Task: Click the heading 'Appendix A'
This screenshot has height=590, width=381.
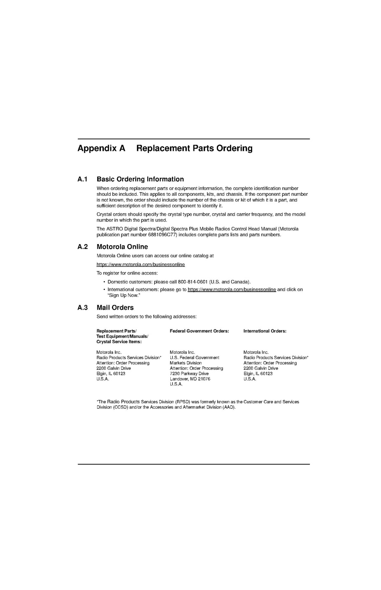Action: [101, 148]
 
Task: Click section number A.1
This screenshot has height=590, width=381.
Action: [83, 179]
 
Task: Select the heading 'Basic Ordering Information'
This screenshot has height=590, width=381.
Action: [140, 179]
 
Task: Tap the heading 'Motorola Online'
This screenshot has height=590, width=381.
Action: [122, 247]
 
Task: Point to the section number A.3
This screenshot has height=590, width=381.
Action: [83, 308]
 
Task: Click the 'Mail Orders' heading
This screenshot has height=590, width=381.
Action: [115, 308]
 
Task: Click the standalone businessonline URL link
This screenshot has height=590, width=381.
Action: [141, 265]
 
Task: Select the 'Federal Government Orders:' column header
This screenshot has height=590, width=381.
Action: [199, 331]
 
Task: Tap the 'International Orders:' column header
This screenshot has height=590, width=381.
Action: [265, 331]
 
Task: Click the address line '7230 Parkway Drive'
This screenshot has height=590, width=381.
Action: [189, 374]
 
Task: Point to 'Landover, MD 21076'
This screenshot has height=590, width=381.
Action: [190, 379]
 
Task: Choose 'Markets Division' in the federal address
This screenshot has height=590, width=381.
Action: [186, 363]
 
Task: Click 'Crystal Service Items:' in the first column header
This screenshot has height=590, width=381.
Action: [119, 342]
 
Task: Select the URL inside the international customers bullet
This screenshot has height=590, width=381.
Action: [232, 290]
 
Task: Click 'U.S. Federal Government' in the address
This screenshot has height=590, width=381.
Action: [194, 358]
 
